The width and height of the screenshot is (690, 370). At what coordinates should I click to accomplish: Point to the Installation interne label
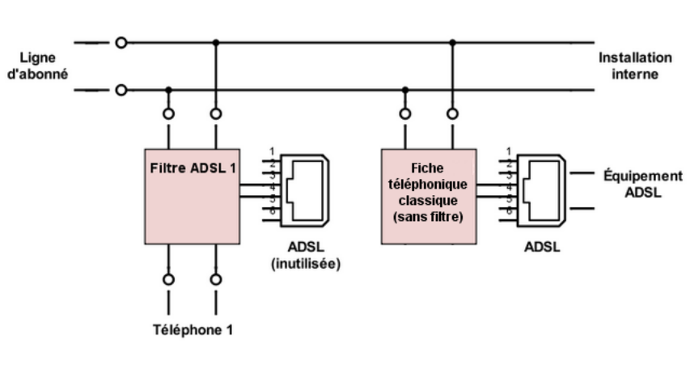635,66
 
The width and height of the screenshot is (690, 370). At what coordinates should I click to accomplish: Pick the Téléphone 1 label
193,330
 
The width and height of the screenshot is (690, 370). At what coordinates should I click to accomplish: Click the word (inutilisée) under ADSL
306,264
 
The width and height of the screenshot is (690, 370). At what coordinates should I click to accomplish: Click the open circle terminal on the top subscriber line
121,43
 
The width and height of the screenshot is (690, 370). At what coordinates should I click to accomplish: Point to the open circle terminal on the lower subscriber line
121,90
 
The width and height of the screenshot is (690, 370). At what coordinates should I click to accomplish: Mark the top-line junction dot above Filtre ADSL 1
215,43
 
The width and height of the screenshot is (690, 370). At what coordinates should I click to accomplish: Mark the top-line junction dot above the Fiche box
453,43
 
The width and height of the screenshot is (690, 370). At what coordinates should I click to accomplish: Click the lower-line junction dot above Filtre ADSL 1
168,90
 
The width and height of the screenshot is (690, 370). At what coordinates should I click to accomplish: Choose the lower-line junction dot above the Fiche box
404,90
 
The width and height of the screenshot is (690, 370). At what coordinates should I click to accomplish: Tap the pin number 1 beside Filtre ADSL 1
272,151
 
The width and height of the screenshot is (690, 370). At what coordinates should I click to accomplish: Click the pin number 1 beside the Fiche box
507,151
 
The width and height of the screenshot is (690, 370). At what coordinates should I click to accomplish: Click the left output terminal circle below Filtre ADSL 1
168,279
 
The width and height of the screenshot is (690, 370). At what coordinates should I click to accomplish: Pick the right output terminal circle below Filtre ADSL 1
215,279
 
